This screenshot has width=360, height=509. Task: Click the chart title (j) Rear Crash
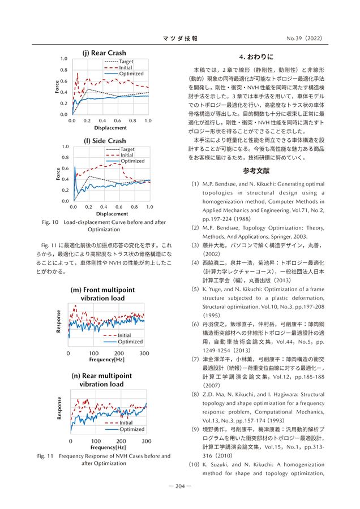(x=105, y=53)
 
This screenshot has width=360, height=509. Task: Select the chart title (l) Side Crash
(x=105, y=141)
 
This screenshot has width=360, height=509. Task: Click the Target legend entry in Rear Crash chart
(x=126, y=61)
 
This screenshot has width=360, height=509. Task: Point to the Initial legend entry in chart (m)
(x=124, y=335)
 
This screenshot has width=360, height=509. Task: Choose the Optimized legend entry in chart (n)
(x=131, y=429)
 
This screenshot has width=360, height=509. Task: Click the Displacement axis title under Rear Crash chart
(x=110, y=128)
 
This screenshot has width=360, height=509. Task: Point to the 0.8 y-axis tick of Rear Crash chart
(x=64, y=70)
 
